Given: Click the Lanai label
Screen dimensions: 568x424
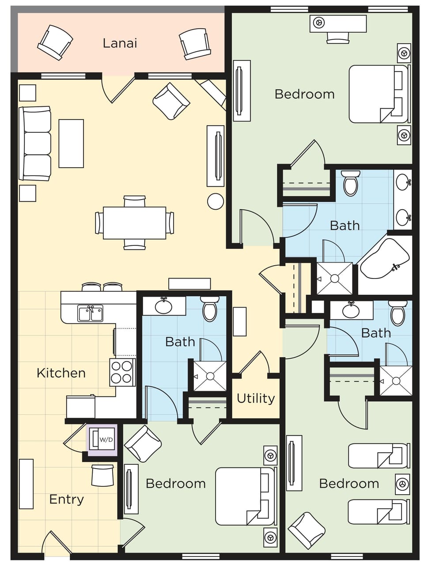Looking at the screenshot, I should tap(120, 43).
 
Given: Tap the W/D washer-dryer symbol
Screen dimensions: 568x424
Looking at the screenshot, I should tap(102, 440).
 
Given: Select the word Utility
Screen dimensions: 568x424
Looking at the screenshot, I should tap(255, 398).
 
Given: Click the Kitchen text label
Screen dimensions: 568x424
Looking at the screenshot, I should tap(61, 373).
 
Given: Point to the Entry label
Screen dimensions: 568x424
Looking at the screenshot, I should tap(66, 499).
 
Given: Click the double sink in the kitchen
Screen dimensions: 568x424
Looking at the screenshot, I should tap(90, 313).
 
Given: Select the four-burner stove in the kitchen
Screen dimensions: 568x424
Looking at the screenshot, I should tap(122, 372).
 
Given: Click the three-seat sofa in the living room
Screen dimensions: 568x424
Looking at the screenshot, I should tap(35, 143).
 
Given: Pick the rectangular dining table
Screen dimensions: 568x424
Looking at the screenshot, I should tap(134, 223).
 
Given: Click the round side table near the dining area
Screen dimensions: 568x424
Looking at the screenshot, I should tap(215, 201).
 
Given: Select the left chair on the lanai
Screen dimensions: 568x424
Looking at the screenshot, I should tap(55, 42).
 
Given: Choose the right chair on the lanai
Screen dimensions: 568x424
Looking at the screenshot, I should tap(193, 44).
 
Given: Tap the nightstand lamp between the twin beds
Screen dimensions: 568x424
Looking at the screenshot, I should tap(401, 483).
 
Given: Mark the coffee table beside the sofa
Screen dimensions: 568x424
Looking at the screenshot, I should tap(71, 143).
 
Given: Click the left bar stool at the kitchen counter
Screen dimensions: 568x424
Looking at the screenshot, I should tap(91, 287).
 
